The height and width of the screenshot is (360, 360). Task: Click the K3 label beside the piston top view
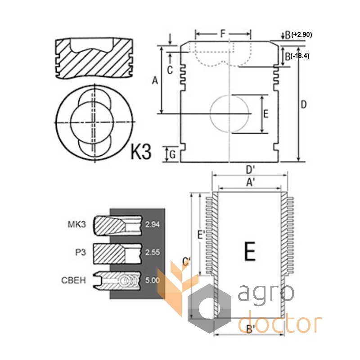point(141,152)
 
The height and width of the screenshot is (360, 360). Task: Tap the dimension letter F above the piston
point(223,33)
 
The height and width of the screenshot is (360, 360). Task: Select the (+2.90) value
point(301,35)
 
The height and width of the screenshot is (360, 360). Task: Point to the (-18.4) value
point(300,56)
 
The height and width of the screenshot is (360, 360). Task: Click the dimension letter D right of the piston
point(303,105)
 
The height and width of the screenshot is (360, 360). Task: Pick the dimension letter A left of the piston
point(155,81)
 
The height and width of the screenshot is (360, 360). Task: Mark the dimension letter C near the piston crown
point(170,70)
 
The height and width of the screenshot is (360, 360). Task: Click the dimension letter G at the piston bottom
point(173,154)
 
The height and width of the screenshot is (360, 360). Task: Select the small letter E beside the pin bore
point(265,114)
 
